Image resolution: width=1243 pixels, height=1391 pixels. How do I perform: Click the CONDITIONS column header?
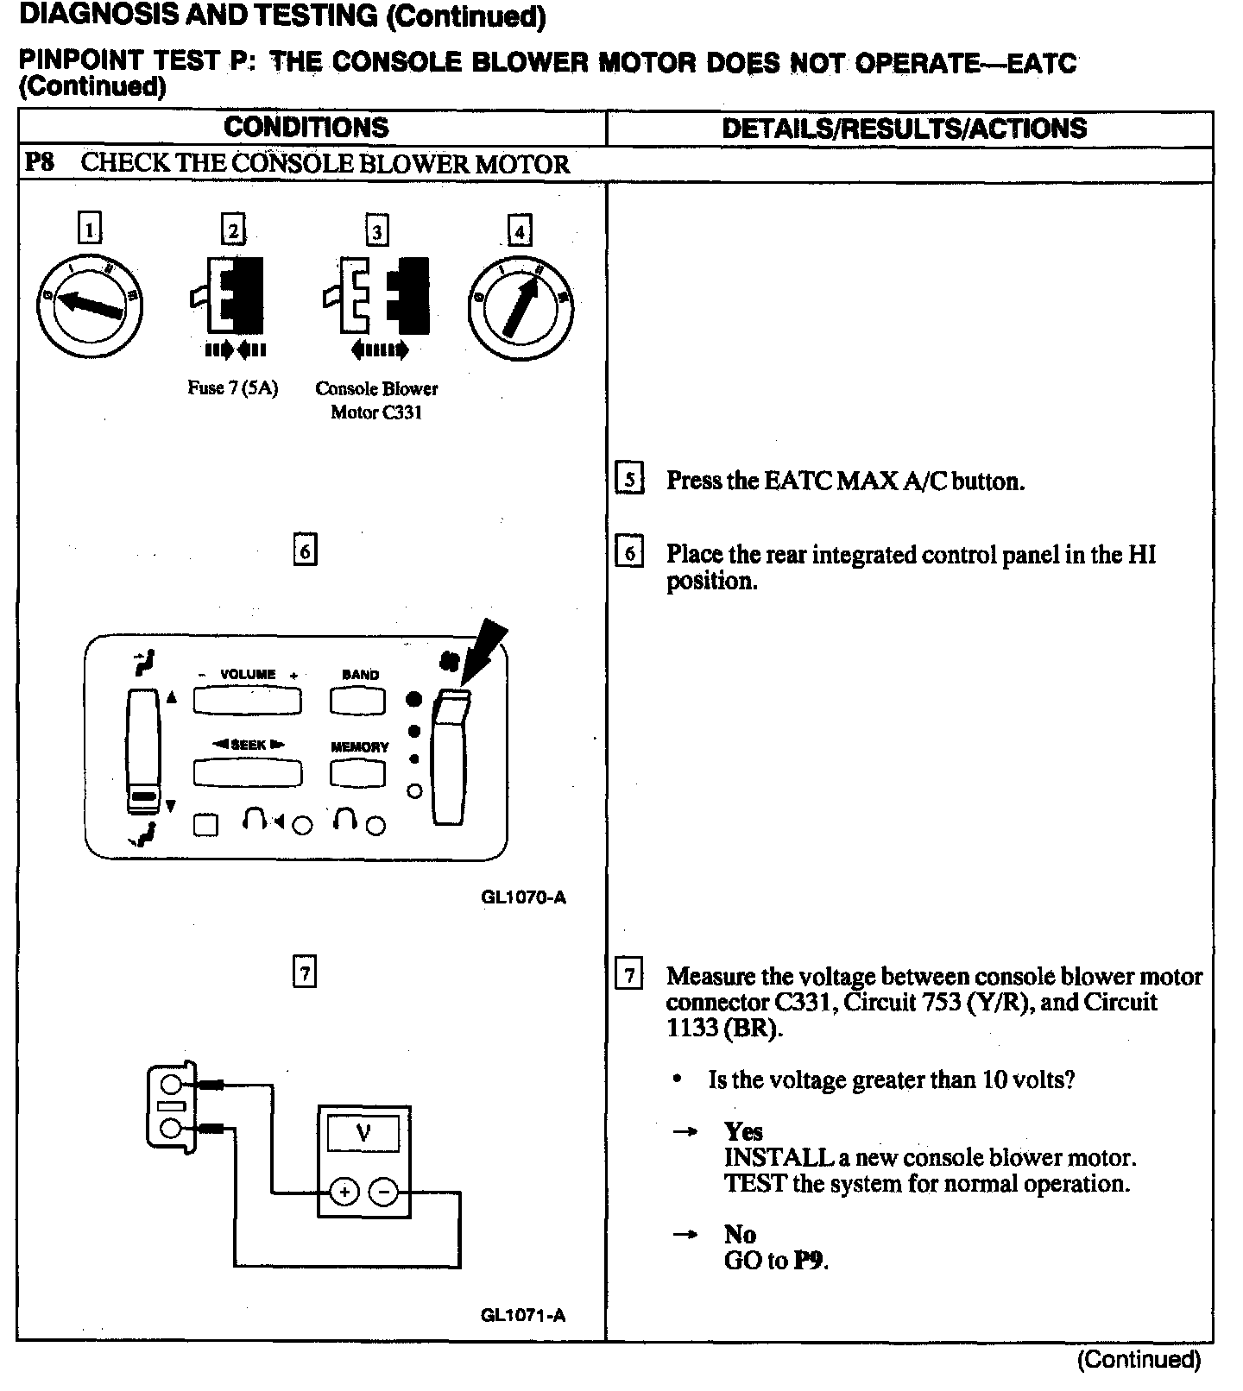pyautogui.click(x=306, y=128)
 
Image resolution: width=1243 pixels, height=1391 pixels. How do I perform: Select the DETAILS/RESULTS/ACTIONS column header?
pyautogui.click(x=904, y=129)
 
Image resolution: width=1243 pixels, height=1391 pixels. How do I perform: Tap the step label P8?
pyautogui.click(x=40, y=163)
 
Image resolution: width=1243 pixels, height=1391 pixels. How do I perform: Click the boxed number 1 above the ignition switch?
pyautogui.click(x=89, y=230)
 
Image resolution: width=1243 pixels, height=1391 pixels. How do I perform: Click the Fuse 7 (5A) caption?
pyautogui.click(x=233, y=388)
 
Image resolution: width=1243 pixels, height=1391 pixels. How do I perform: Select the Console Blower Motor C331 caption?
pyautogui.click(x=376, y=400)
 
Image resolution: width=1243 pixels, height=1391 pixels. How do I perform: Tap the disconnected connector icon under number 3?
pyautogui.click(x=375, y=296)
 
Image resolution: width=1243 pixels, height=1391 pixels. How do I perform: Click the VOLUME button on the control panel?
pyautogui.click(x=247, y=701)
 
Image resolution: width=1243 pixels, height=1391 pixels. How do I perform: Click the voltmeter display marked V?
pyautogui.click(x=363, y=1133)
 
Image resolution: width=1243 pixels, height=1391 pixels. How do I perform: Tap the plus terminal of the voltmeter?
pyautogui.click(x=344, y=1193)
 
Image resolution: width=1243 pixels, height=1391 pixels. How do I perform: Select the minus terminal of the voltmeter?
pyautogui.click(x=384, y=1193)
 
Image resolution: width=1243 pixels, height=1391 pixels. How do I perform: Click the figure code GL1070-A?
pyautogui.click(x=523, y=897)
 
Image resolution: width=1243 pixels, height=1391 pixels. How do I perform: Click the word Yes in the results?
pyautogui.click(x=743, y=1131)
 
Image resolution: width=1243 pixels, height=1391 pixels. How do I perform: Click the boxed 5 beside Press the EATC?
pyautogui.click(x=629, y=479)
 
